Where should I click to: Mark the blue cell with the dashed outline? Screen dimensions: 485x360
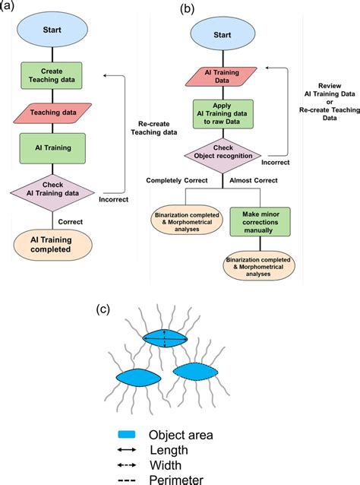[x=195, y=371]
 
